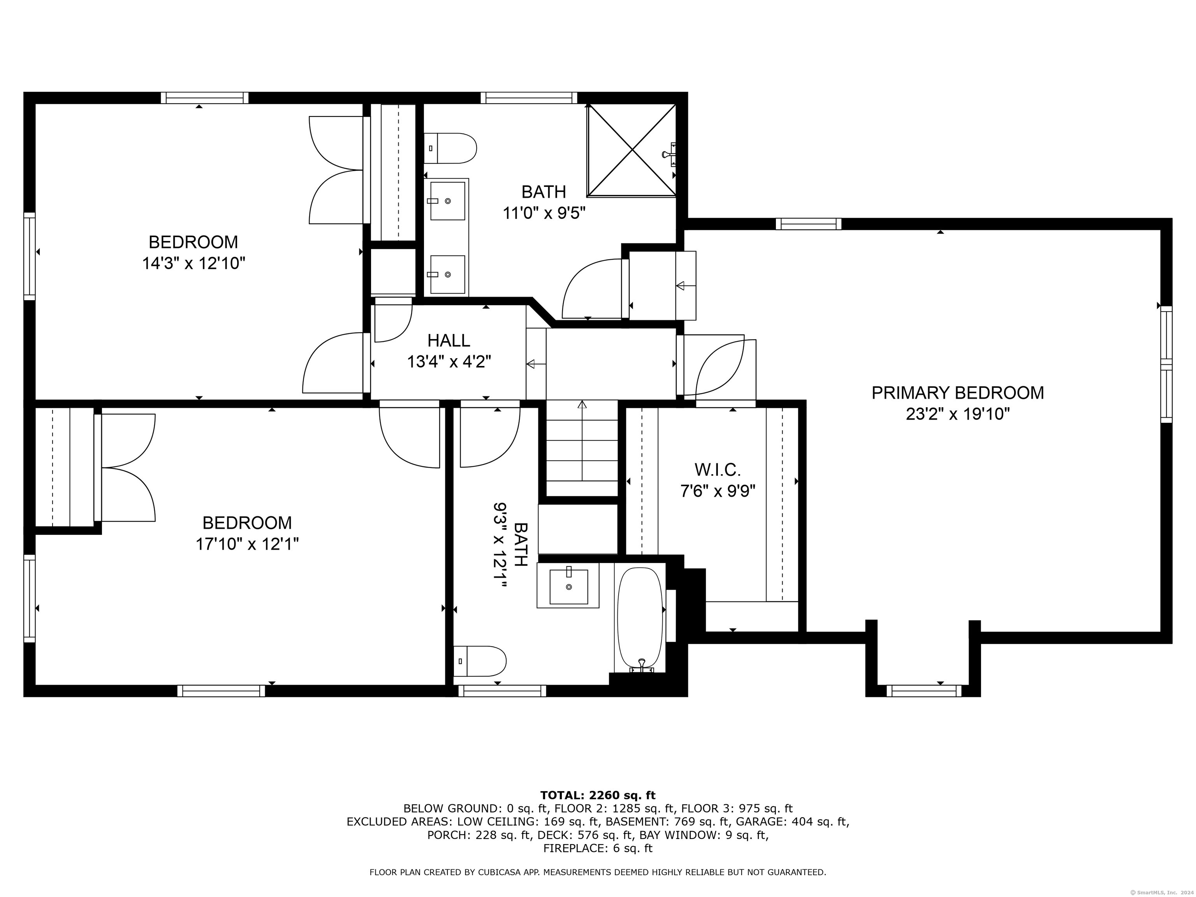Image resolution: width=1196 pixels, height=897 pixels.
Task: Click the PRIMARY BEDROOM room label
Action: tap(958, 392)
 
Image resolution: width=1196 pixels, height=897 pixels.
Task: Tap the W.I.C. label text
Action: tap(718, 469)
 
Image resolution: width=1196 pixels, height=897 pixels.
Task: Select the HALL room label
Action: tap(449, 340)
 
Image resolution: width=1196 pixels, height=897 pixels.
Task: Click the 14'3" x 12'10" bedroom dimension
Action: tap(193, 263)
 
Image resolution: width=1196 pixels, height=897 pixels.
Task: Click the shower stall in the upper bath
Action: tap(631, 150)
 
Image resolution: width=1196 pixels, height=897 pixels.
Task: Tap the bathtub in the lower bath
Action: tap(640, 619)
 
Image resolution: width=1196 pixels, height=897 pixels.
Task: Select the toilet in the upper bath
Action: tap(450, 148)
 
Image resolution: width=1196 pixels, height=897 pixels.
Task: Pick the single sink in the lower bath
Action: tap(568, 586)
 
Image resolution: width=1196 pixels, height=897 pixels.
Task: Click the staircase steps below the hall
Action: tap(582, 448)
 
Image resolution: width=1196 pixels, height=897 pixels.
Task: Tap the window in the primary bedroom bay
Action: tap(924, 690)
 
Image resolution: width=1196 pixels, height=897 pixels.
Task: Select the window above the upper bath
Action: tap(529, 98)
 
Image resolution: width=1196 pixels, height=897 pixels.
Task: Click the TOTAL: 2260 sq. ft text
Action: tap(598, 795)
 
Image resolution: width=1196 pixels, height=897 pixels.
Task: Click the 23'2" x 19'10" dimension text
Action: tap(958, 414)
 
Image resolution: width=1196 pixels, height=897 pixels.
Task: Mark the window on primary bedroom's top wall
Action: tap(808, 224)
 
